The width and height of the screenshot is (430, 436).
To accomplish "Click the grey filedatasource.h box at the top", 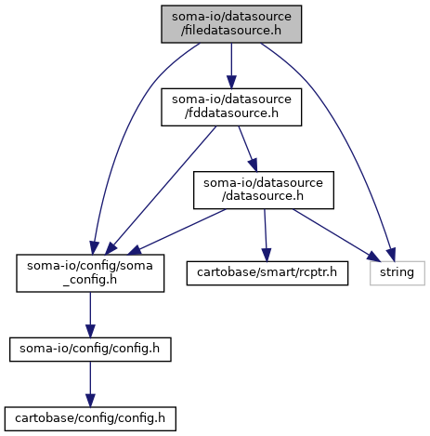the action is click(x=231, y=24).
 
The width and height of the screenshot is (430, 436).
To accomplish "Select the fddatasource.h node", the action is click(x=231, y=107).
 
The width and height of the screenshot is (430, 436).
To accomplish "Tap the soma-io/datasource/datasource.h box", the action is click(x=264, y=190).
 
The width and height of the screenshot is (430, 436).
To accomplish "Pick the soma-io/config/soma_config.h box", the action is click(x=90, y=273).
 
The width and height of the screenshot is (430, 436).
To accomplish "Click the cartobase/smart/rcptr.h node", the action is click(x=267, y=273).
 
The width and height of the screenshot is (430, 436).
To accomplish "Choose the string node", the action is click(x=397, y=273).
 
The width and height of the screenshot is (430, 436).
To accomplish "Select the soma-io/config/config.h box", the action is click(x=90, y=350).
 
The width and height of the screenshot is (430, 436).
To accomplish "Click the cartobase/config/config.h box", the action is click(x=90, y=418).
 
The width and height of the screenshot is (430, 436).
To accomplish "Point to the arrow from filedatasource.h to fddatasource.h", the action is click(x=231, y=66).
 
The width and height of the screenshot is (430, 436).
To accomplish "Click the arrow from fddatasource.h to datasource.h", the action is click(x=248, y=149).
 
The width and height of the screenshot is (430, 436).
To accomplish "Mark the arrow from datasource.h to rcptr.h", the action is click(x=266, y=235).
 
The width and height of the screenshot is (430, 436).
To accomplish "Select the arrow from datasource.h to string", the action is click(x=336, y=235).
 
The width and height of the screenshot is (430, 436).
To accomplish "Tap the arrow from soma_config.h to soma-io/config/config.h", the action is click(x=90, y=315).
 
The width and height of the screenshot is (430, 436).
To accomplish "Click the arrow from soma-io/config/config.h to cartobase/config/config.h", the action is click(x=90, y=384).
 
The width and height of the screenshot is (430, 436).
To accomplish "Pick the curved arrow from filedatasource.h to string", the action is click(x=346, y=130).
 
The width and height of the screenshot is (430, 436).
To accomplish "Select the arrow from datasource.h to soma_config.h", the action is click(x=177, y=231).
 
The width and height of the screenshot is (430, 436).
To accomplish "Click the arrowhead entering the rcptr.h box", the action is click(x=267, y=255).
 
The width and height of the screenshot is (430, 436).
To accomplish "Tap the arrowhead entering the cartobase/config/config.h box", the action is click(x=90, y=401).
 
